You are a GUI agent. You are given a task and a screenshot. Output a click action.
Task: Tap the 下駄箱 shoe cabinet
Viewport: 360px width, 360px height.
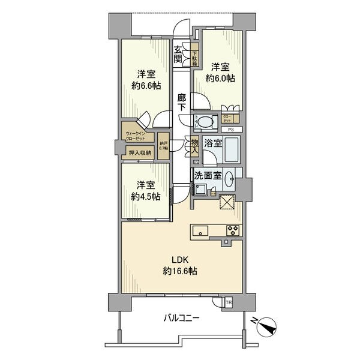(x=194, y=58)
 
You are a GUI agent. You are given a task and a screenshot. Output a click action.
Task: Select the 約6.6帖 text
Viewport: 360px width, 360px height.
(x=146, y=86)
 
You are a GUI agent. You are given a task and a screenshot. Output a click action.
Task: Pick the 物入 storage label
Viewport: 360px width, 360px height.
(x=194, y=147)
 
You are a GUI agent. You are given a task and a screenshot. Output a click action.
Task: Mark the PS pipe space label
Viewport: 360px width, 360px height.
(x=230, y=130)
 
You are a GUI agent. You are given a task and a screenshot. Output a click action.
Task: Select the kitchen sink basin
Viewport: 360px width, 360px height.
(x=200, y=231)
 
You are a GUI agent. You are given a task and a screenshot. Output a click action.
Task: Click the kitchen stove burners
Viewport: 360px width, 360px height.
(x=233, y=231)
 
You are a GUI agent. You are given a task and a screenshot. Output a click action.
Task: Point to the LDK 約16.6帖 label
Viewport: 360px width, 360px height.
(x=180, y=265)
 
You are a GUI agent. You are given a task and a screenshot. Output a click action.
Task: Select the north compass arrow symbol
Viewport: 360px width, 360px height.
(x=267, y=326)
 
